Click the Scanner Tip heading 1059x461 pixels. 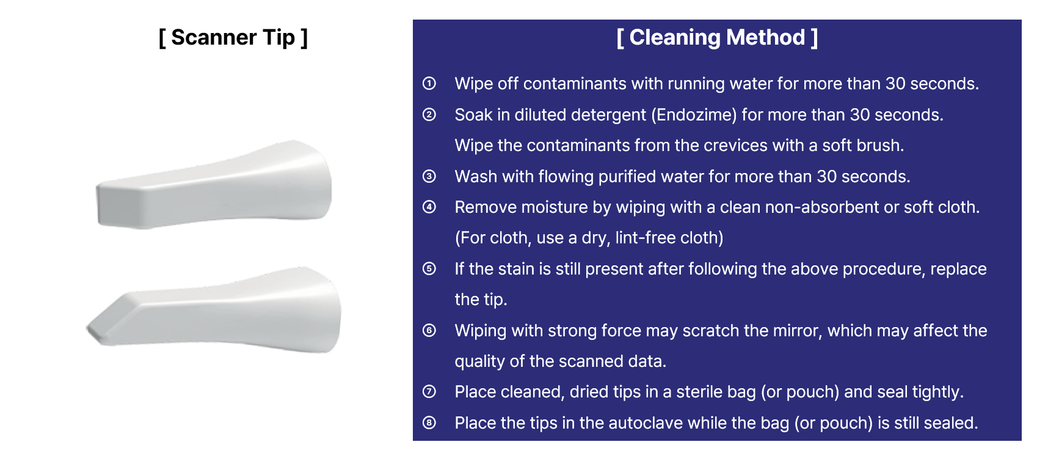click(233, 37)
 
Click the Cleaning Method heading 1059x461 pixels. click(717, 37)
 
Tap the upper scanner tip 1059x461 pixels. click(214, 185)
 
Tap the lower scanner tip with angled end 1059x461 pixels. click(214, 310)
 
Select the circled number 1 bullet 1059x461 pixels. click(429, 83)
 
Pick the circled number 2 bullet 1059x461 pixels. click(429, 114)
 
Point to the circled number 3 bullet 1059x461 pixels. click(429, 176)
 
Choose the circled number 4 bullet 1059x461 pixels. click(429, 207)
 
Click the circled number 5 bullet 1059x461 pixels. click(429, 268)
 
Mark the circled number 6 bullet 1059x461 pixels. click(429, 330)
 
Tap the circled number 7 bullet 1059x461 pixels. click(429, 391)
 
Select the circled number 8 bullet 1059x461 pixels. click(429, 422)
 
